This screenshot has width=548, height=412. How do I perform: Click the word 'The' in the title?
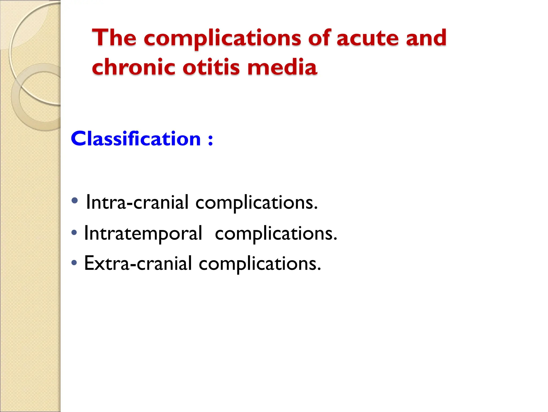click(x=114, y=38)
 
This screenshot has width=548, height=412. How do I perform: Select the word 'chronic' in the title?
click(x=134, y=67)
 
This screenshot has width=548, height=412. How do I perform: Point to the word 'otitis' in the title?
click(x=211, y=67)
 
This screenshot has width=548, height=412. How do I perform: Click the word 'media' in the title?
click(x=282, y=67)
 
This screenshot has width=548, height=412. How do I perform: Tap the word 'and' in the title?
click(x=426, y=38)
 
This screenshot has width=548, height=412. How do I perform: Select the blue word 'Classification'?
click(x=136, y=139)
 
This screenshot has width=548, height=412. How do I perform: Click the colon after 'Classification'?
click(x=211, y=140)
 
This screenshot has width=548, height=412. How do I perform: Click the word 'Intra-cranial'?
click(x=137, y=202)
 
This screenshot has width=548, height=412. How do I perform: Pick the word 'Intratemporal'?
click(x=143, y=233)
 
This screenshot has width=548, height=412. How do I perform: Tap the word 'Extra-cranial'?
click(x=138, y=263)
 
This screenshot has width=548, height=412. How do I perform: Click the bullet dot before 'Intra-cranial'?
click(x=75, y=201)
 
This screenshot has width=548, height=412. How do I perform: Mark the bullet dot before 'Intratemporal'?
click(x=74, y=232)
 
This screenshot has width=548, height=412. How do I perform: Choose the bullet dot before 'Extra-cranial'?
click(x=74, y=262)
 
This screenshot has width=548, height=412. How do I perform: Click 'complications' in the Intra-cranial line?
click(x=256, y=203)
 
